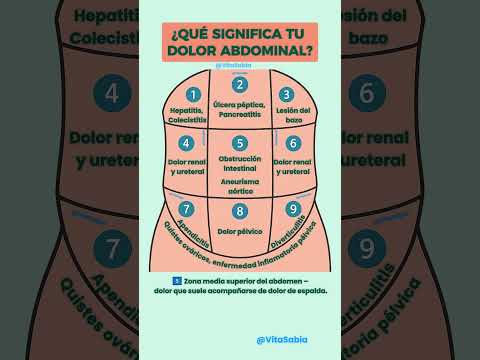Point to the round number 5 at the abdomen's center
(x=240, y=143)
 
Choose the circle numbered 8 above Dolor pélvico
(x=240, y=211)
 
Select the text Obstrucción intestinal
(x=240, y=164)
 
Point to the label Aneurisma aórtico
(x=240, y=185)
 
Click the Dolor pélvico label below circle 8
(x=240, y=231)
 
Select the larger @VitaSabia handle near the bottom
(x=282, y=339)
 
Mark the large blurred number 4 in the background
(x=113, y=95)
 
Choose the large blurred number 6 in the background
(x=367, y=95)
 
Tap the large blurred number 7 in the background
(x=113, y=247)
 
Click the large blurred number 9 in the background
(x=367, y=247)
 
